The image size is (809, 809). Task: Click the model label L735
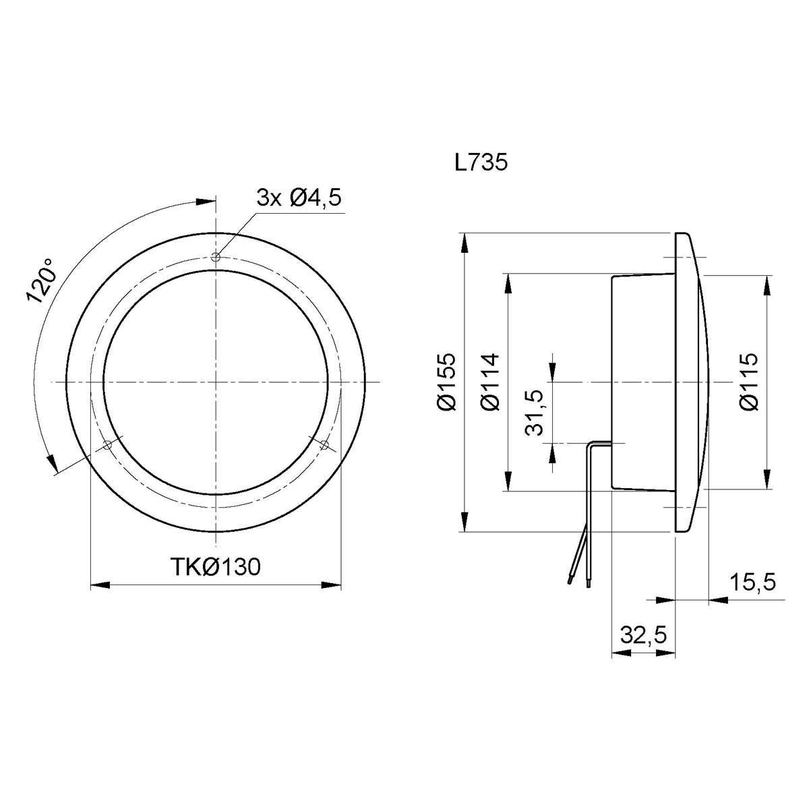point(481,162)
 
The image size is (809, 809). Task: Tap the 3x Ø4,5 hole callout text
point(299,198)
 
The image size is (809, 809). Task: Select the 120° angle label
point(41,281)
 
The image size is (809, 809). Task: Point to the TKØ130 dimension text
point(216,566)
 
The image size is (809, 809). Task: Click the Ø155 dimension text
point(446,382)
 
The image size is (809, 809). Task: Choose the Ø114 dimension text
point(490,382)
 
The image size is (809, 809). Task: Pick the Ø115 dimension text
point(748,382)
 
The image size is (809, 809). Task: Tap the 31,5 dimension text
point(535,413)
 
